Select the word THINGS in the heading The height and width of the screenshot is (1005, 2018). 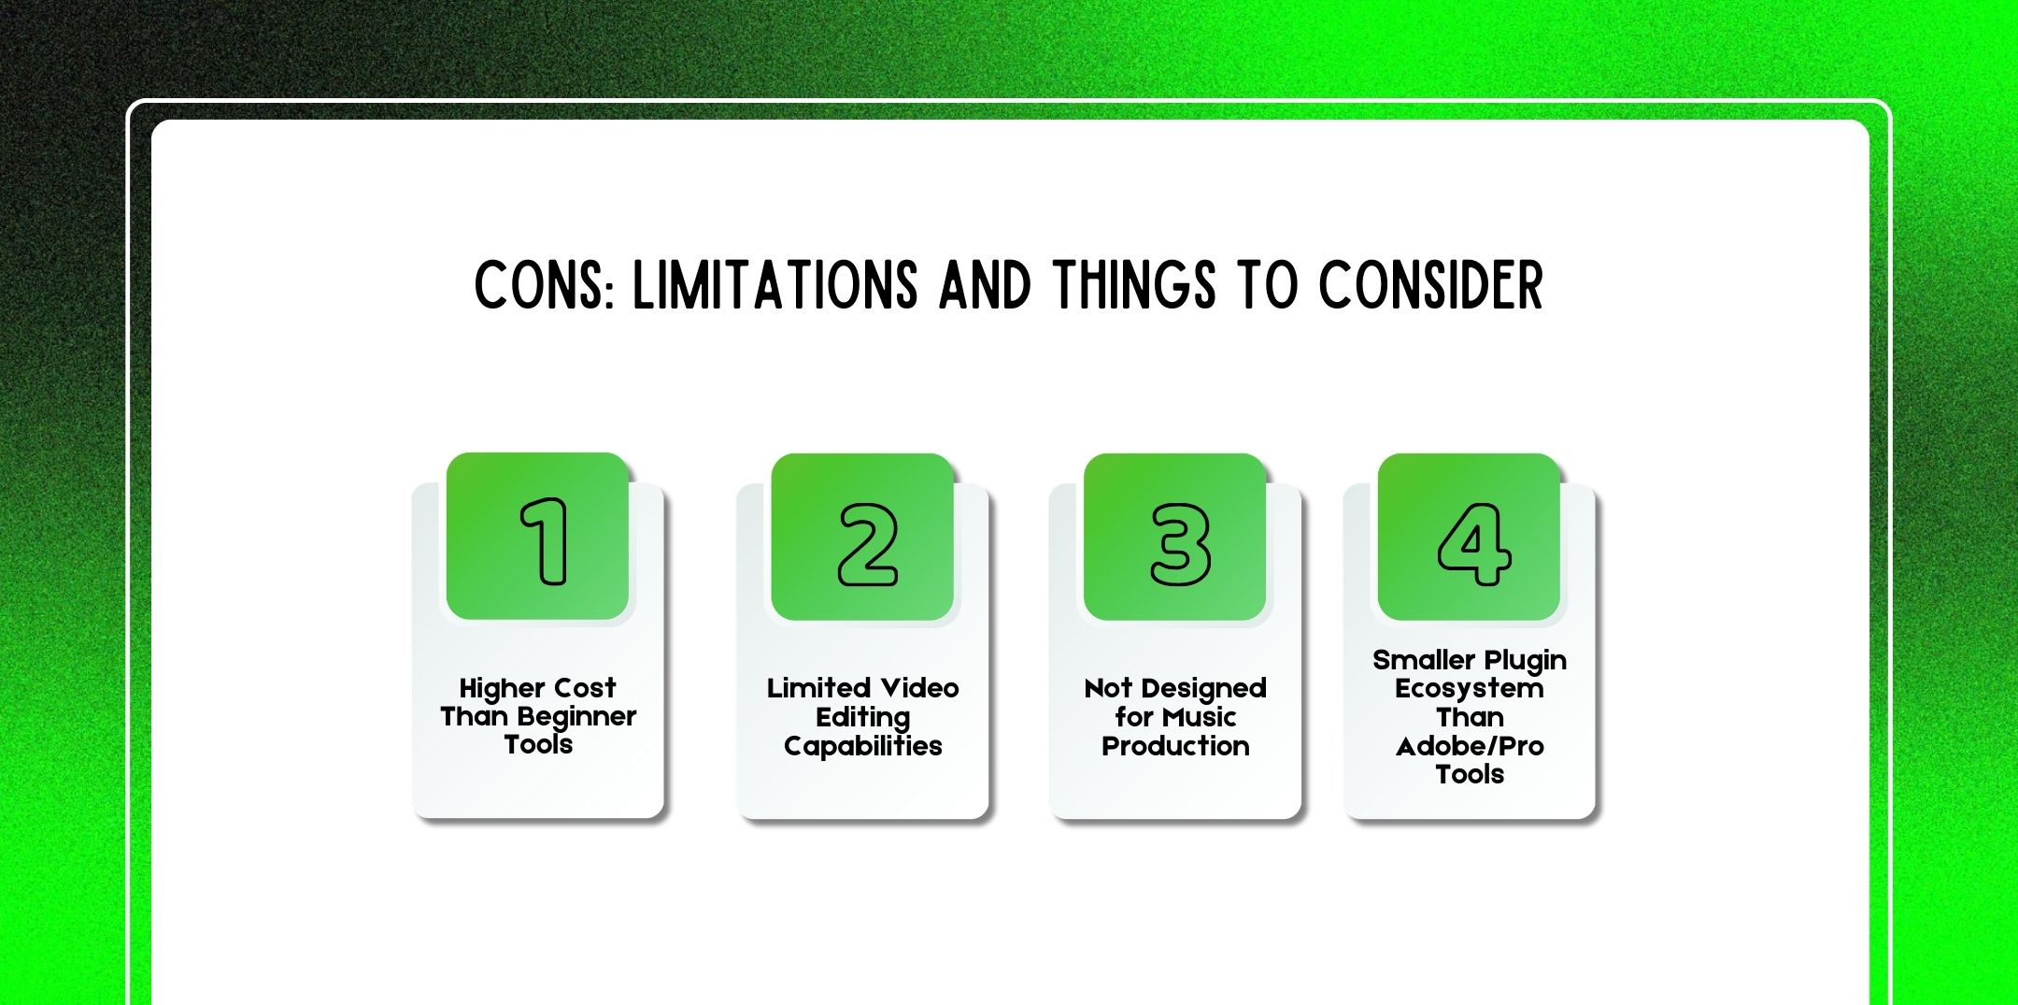click(x=1134, y=285)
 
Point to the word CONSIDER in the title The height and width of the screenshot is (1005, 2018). click(x=1430, y=285)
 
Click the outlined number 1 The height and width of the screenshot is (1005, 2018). click(x=545, y=541)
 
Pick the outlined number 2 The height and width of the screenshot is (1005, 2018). click(x=867, y=545)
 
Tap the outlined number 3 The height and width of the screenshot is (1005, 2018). click(x=1179, y=545)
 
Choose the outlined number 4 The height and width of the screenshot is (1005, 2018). click(x=1473, y=545)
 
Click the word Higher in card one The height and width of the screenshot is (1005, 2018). click(x=498, y=689)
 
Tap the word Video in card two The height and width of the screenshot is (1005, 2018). click(x=920, y=689)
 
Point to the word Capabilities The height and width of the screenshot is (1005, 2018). click(x=862, y=746)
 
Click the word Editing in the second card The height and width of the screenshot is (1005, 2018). click(x=862, y=718)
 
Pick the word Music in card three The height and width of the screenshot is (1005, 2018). click(x=1200, y=717)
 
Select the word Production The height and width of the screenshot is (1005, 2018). click(x=1175, y=746)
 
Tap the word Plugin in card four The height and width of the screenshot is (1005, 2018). click(x=1525, y=661)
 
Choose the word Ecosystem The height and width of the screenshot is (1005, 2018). click(x=1469, y=689)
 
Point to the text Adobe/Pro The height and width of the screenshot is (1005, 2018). click(x=1469, y=746)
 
